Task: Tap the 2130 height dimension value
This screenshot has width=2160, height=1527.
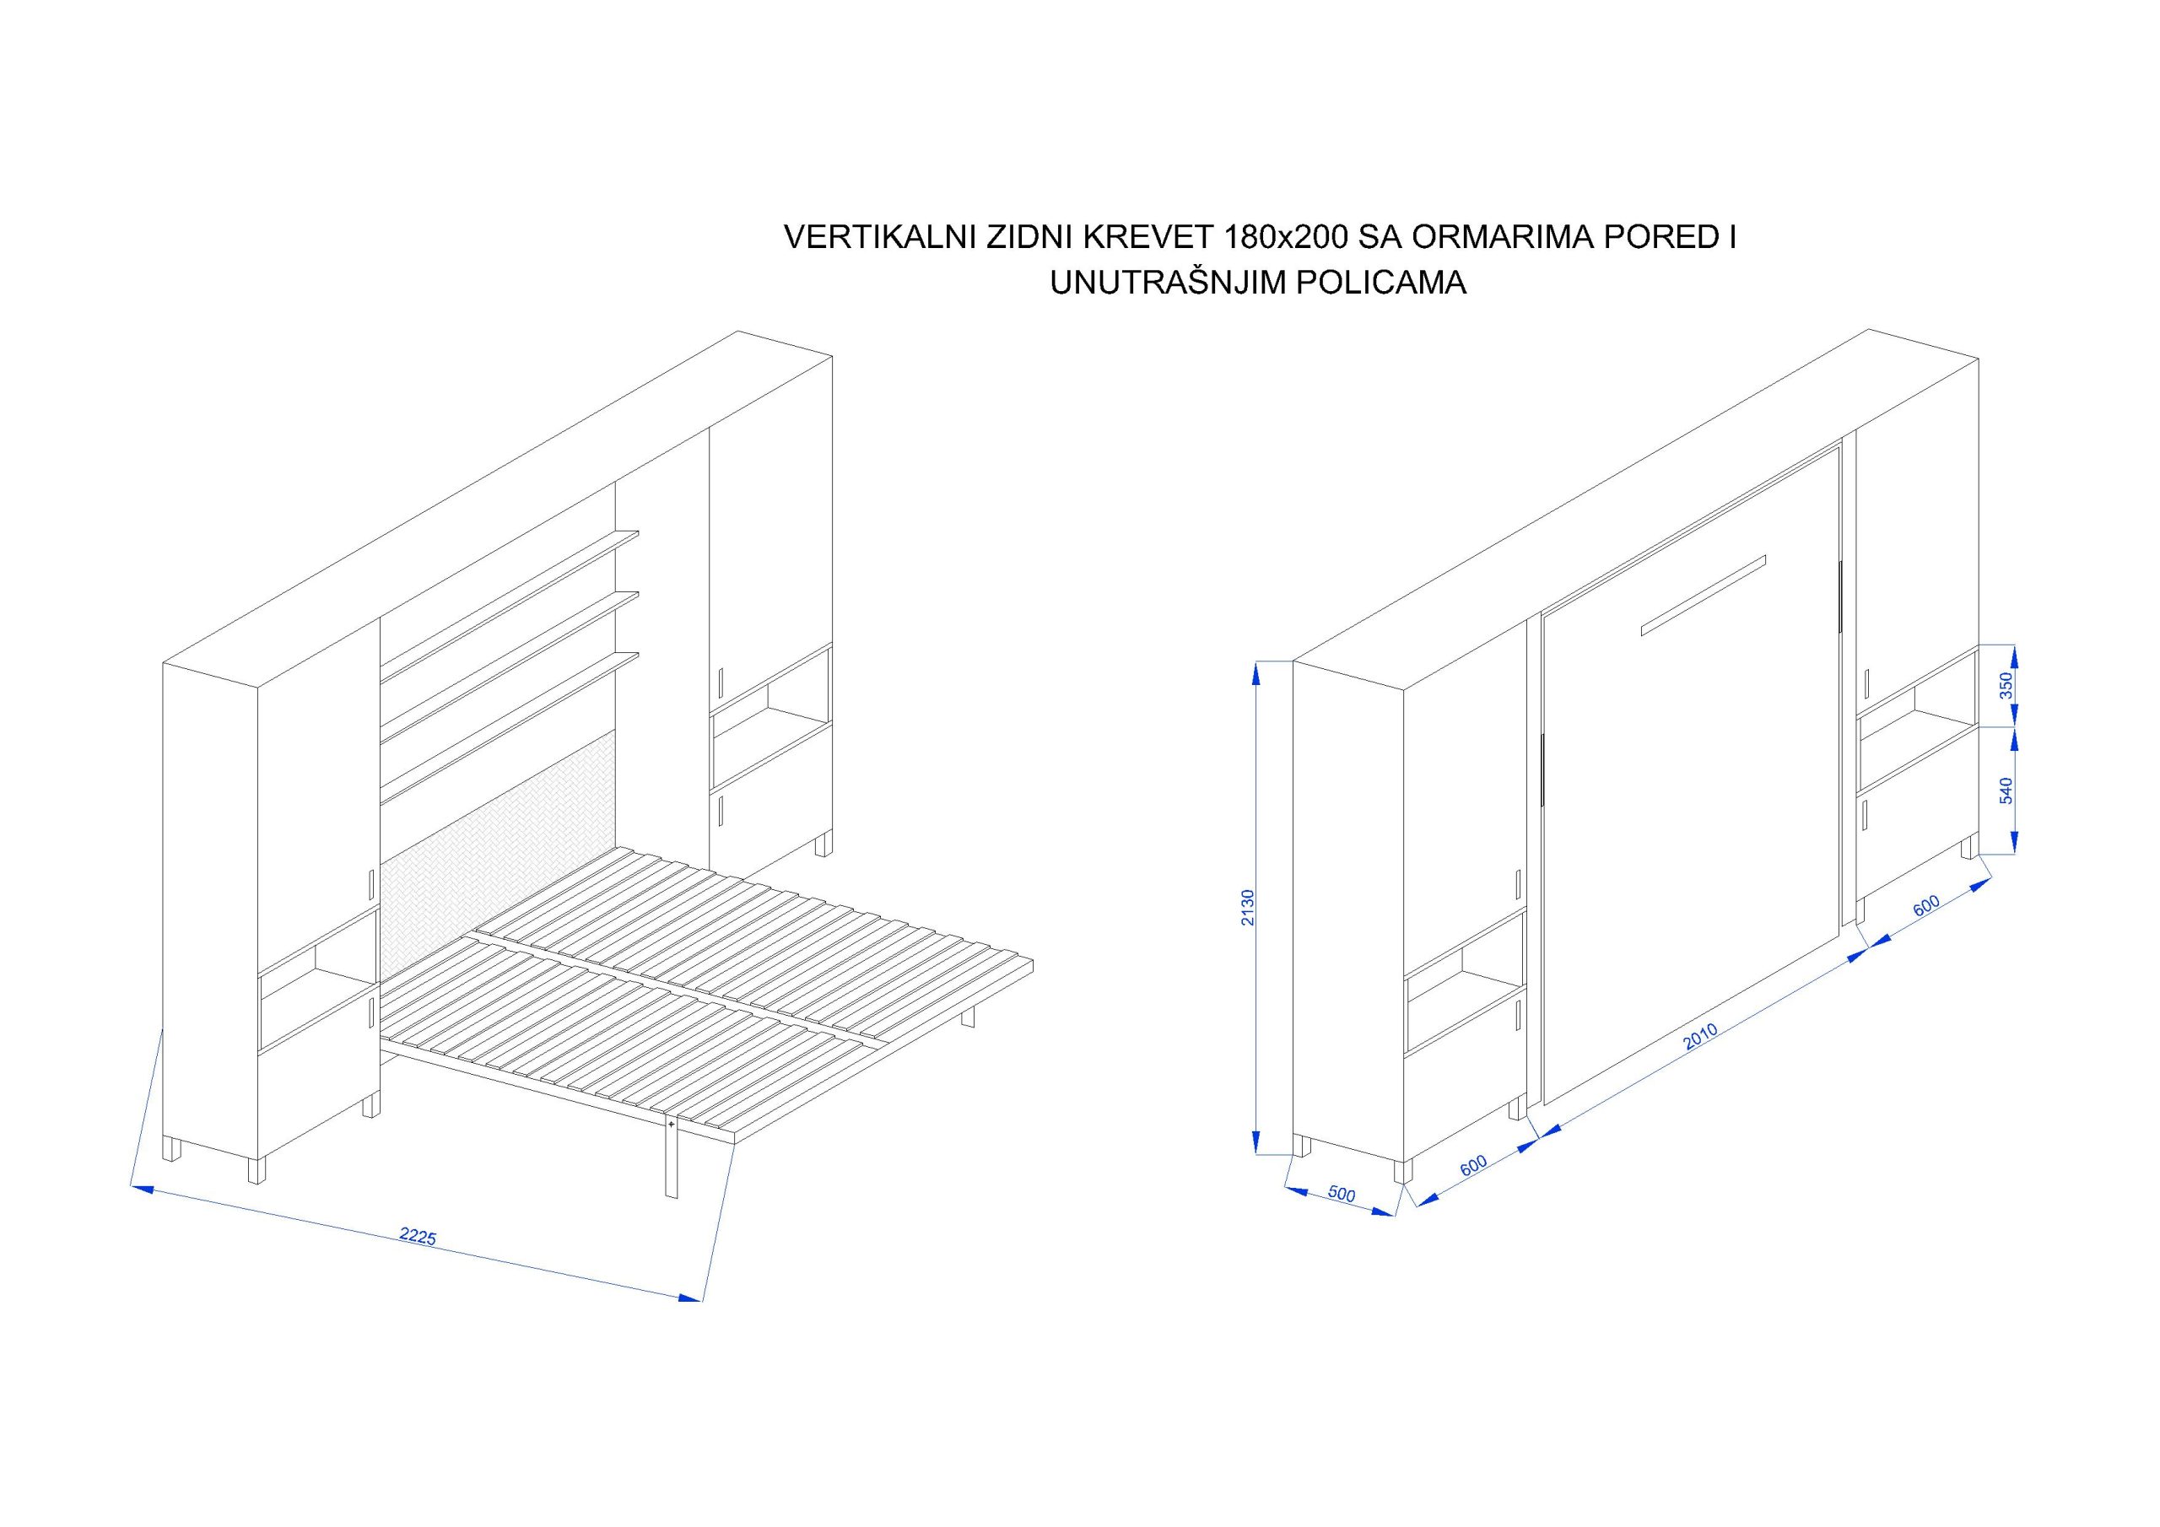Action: point(1247,908)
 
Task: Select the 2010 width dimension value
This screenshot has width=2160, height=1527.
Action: point(1700,1037)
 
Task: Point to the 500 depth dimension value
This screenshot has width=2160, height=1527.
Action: point(1342,1194)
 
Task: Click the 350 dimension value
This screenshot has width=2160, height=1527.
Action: point(2005,684)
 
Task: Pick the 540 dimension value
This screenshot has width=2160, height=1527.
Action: point(2005,790)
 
